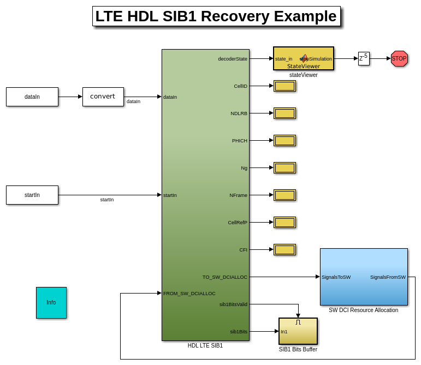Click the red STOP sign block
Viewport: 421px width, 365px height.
coord(399,58)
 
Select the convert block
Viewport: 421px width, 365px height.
coord(103,97)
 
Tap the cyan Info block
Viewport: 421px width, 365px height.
coord(51,303)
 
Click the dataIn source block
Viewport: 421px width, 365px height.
coord(32,97)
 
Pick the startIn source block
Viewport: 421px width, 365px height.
coord(32,195)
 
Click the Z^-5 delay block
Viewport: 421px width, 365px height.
coord(364,58)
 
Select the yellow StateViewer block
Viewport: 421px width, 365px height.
coord(304,58)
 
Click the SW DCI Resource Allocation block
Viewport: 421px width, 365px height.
coord(364,277)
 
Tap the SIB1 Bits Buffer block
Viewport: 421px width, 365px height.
coord(298,331)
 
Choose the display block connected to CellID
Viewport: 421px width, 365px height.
coord(284,86)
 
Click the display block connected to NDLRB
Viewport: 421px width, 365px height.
coord(284,113)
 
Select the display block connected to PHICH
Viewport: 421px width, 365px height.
coord(284,140)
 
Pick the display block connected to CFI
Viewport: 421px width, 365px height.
coord(284,249)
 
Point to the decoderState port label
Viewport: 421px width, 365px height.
coord(233,59)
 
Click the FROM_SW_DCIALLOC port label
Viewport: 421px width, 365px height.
coord(189,294)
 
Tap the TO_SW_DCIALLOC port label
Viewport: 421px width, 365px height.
coord(225,277)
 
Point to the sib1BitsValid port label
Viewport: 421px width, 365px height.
coord(233,304)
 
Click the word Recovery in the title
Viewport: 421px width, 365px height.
coord(236,16)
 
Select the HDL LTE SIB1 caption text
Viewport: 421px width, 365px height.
coord(205,345)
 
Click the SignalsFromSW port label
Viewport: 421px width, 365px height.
coord(388,277)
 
